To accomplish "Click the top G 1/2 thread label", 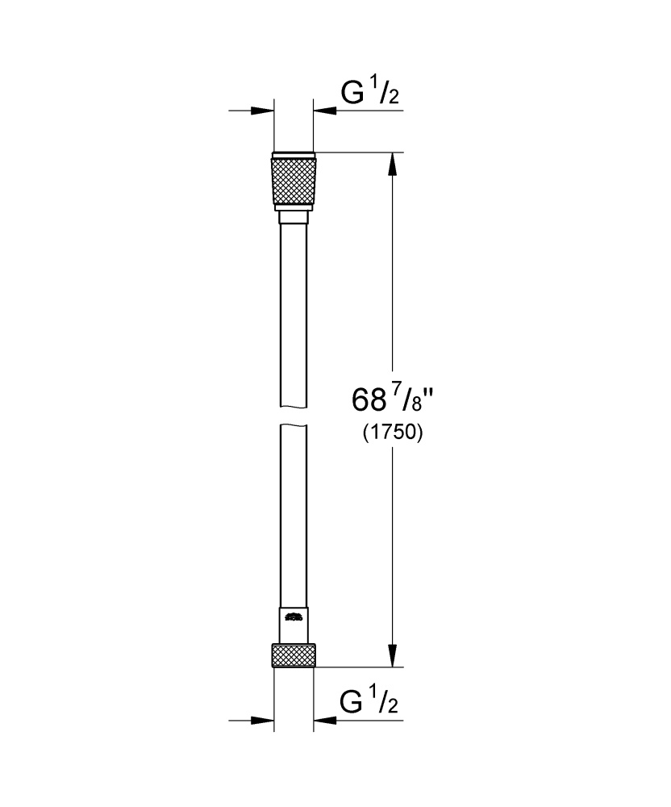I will point(370,94).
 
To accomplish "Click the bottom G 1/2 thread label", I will point(370,702).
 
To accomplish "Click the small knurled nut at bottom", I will point(294,656).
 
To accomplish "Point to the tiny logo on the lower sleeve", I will point(293,619).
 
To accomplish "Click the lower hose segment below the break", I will point(294,516).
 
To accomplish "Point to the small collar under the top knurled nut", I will point(294,216).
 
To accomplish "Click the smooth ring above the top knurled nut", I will point(294,155).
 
